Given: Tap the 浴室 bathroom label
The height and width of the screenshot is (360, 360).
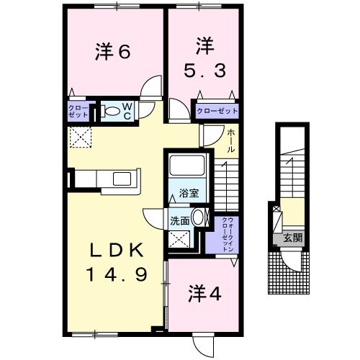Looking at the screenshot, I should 189,194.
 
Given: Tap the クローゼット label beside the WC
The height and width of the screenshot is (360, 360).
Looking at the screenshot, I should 78,111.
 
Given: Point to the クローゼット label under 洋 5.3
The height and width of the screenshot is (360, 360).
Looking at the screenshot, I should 217,112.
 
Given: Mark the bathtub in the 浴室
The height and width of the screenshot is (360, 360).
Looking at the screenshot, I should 189,168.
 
